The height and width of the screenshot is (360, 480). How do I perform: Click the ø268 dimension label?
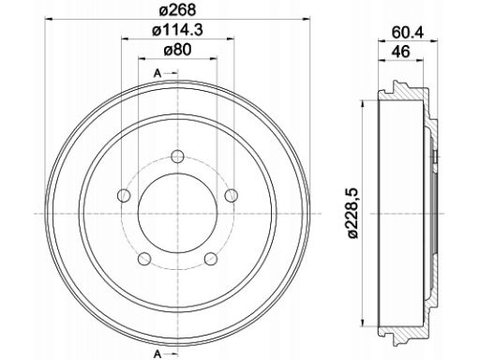(177, 9)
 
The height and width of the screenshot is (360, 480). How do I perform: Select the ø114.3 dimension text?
(177, 30)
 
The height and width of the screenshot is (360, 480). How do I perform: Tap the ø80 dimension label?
(177, 50)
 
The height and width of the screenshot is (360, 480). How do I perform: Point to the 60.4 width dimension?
(408, 32)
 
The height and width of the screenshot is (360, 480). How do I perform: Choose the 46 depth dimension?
(402, 52)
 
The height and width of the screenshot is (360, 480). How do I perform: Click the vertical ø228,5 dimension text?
(353, 214)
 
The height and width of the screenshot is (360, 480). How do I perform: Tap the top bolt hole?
(178, 156)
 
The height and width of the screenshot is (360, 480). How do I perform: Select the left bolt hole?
(124, 195)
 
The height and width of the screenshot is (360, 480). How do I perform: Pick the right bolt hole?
(232, 195)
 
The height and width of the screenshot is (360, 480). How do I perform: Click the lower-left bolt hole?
(144, 259)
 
